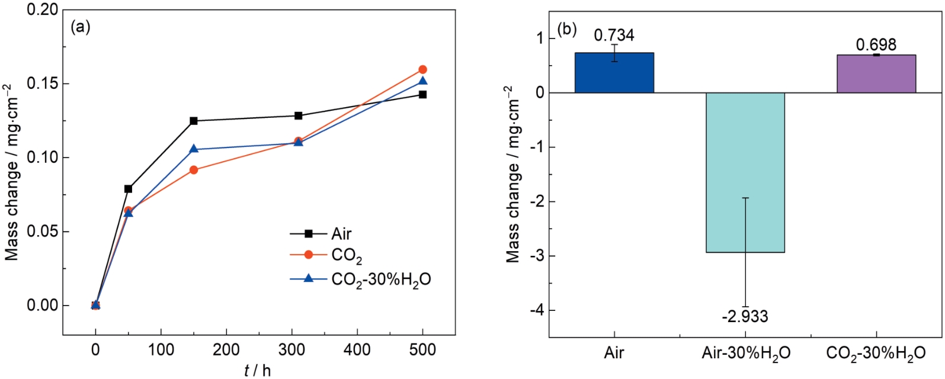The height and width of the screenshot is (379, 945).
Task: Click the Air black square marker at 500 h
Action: (x=422, y=94)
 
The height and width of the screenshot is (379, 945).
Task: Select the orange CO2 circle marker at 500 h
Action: (x=422, y=69)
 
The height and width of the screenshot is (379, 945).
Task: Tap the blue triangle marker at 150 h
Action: (x=194, y=149)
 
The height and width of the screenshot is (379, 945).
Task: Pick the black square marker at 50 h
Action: (x=128, y=189)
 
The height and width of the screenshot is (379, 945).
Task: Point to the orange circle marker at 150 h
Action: (x=194, y=170)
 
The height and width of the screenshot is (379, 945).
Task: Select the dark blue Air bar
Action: (x=614, y=73)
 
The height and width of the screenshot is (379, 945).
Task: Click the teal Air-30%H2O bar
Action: (x=745, y=172)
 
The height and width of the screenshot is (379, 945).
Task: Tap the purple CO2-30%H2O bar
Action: (x=876, y=74)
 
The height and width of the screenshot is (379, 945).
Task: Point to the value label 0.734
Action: (x=614, y=35)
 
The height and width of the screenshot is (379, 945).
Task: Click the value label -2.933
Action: (x=745, y=317)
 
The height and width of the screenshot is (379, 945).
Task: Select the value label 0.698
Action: (x=876, y=44)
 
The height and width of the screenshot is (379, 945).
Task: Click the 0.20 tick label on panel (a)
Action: (x=42, y=10)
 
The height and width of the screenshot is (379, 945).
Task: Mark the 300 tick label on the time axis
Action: (x=291, y=349)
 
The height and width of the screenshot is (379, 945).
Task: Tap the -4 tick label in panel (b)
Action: (x=537, y=310)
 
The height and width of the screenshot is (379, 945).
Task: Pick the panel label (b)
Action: (x=567, y=29)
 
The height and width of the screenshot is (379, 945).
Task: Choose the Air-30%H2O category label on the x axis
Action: (x=745, y=354)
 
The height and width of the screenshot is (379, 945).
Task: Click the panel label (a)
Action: (x=81, y=27)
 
